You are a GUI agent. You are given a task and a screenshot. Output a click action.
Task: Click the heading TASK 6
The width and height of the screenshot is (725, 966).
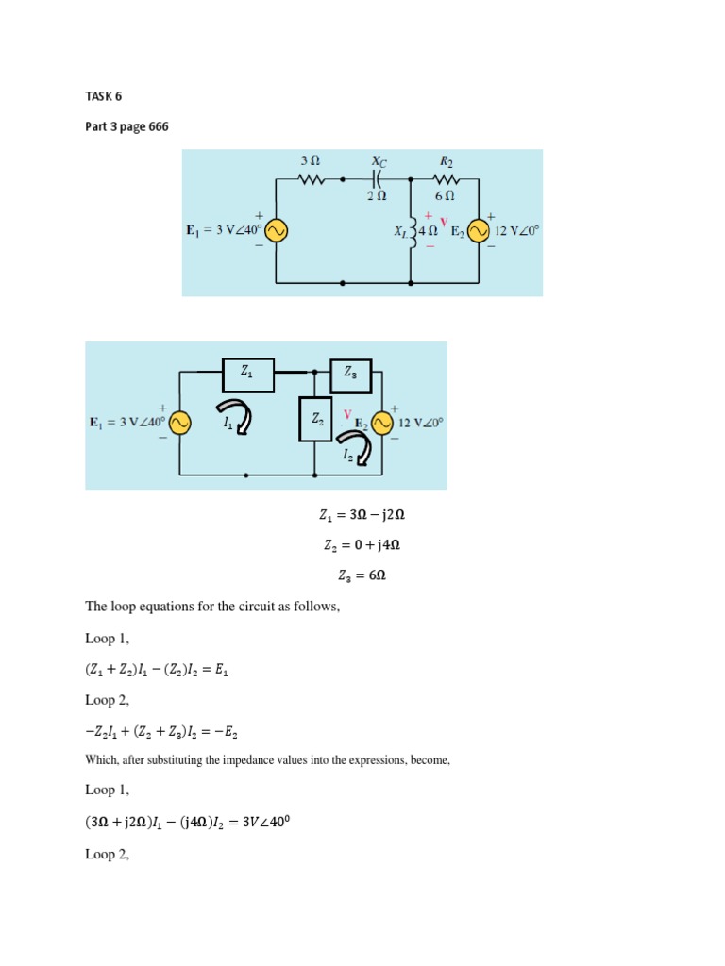tap(104, 95)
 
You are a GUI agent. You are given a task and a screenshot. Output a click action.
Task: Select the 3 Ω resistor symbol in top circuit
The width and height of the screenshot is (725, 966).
tap(312, 178)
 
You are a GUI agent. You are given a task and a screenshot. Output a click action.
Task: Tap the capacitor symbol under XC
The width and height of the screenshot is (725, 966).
tap(377, 178)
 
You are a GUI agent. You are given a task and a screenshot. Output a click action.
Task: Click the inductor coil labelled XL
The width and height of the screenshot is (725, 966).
tap(412, 230)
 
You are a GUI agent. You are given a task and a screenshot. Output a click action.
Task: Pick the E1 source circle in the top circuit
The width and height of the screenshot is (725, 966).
tap(276, 231)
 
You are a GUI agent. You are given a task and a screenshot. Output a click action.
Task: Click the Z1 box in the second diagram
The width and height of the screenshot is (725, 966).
tap(247, 374)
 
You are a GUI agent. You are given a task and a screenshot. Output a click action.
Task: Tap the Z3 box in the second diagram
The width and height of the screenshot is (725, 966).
tap(350, 375)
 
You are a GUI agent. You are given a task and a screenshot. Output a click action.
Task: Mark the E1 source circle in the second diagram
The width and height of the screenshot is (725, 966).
tap(179, 424)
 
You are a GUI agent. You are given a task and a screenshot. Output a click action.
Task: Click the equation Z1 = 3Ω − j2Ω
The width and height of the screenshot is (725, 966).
tap(362, 515)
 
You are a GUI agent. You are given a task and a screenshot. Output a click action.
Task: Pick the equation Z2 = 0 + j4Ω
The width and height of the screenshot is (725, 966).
tap(362, 546)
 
